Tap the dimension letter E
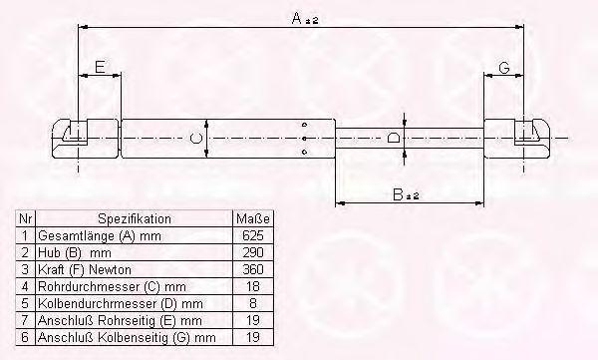[100, 67]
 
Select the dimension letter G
[504, 68]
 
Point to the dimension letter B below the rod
[398, 194]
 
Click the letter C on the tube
[196, 138]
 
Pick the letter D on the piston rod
[394, 138]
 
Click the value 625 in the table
[253, 235]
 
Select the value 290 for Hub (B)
[253, 252]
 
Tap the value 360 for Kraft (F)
[253, 269]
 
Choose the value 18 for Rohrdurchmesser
[253, 286]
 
